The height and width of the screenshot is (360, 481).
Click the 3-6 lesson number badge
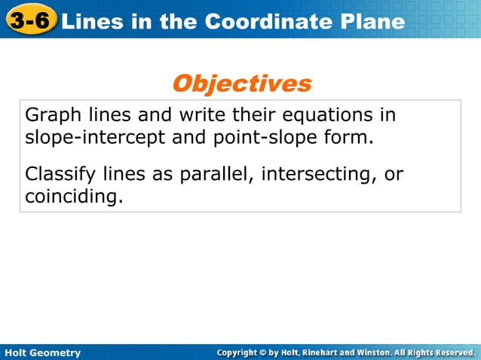pyautogui.click(x=30, y=21)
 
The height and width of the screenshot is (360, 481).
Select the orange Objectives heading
pyautogui.click(x=241, y=83)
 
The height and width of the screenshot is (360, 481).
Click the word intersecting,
pyautogui.click(x=318, y=175)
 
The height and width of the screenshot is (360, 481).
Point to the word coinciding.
pyautogui.click(x=73, y=197)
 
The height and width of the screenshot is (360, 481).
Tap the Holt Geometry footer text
pyautogui.click(x=43, y=352)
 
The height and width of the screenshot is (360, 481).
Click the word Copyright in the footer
pyautogui.click(x=242, y=352)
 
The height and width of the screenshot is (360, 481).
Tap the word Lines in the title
pyautogui.click(x=90, y=22)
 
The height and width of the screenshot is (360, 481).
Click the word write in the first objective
pyautogui.click(x=201, y=117)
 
